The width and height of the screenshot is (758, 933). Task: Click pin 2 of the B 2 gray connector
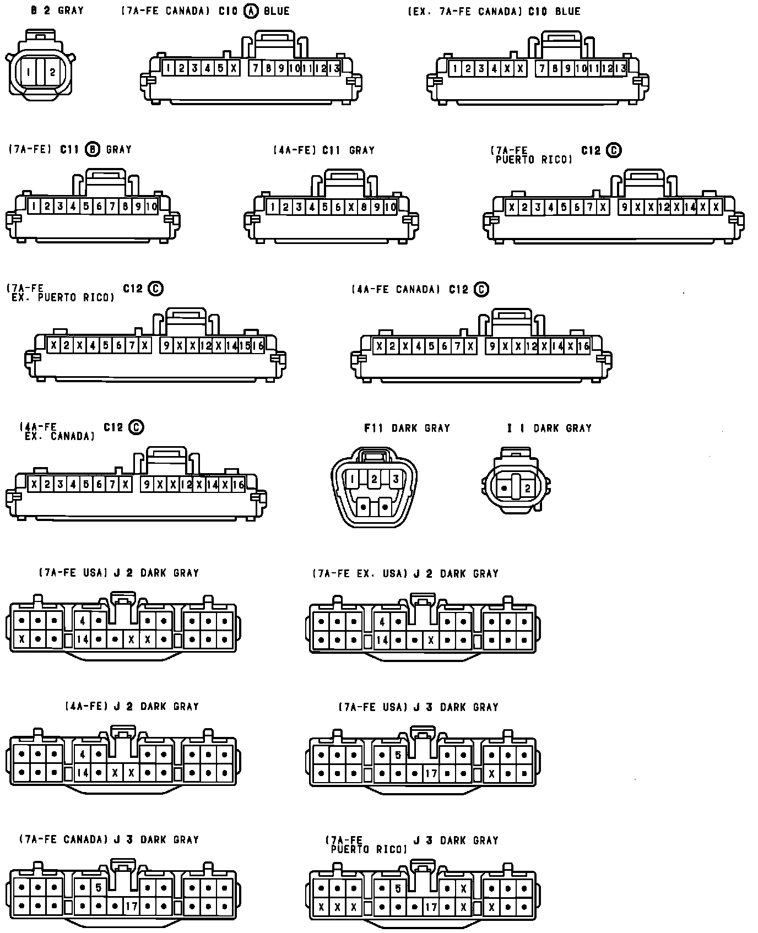pyautogui.click(x=52, y=72)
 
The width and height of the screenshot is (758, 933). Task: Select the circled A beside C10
pyautogui.click(x=251, y=11)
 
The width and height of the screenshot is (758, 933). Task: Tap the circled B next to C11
pyautogui.click(x=93, y=149)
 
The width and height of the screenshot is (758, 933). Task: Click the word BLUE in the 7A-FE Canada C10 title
pyautogui.click(x=277, y=11)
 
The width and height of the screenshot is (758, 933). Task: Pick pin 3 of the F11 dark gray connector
pyautogui.click(x=395, y=479)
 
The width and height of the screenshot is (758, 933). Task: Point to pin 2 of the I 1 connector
pyautogui.click(x=527, y=488)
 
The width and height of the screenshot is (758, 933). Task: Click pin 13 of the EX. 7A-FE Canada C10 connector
pyautogui.click(x=620, y=69)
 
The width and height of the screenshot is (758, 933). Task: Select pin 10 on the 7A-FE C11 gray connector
pyautogui.click(x=151, y=207)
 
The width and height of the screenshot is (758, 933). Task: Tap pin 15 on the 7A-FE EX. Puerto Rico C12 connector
pyautogui.click(x=245, y=345)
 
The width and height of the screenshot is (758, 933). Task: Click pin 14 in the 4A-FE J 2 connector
pyautogui.click(x=82, y=773)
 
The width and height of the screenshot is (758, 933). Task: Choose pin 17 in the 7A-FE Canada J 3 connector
pyautogui.click(x=131, y=906)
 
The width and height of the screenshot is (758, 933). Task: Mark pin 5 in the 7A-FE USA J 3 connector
pyautogui.click(x=398, y=755)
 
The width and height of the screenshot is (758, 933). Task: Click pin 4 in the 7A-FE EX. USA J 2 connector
pyautogui.click(x=382, y=622)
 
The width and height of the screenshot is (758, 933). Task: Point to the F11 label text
pyautogui.click(x=373, y=428)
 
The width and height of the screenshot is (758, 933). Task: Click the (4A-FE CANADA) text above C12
pyautogui.click(x=396, y=289)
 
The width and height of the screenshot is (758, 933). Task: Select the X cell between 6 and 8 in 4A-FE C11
pyautogui.click(x=351, y=207)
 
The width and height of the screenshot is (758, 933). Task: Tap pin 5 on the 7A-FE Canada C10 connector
pyautogui.click(x=220, y=68)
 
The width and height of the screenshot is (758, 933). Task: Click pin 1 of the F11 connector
pyautogui.click(x=352, y=479)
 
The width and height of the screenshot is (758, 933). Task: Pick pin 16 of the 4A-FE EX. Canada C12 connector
pyautogui.click(x=238, y=485)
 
